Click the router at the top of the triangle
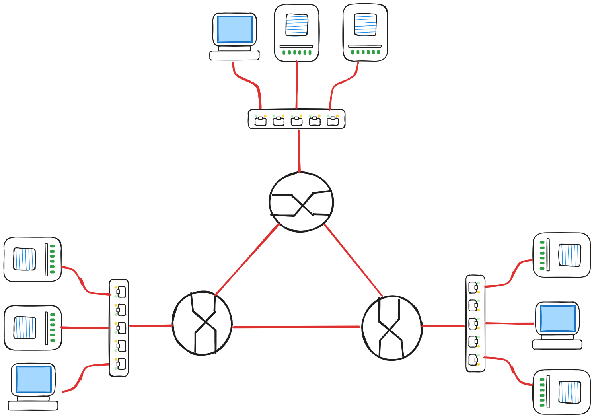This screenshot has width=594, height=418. tap(301, 202)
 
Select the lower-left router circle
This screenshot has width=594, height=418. tap(202, 323)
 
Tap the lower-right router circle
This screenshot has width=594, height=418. tap(392, 328)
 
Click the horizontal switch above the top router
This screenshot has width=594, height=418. tap(296, 119)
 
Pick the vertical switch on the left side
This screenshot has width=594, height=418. tap(119, 327)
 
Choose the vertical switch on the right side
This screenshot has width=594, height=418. tap(475, 323)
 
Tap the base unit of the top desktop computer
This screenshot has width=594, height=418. tap(234, 55)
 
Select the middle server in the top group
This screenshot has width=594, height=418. tap(297, 33)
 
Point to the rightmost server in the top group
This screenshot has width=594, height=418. tap(365, 33)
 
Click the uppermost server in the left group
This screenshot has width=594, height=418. tap(33, 259)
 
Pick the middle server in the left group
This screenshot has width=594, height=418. tap(33, 328)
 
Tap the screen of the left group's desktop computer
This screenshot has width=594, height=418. tap(34, 379)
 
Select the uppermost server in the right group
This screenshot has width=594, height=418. tap(561, 255)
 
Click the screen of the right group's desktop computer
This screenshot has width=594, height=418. tap(557, 319)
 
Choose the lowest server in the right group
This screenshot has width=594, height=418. tap(561, 392)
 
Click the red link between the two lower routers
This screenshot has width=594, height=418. tap(296, 327)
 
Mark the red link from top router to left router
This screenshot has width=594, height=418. tap(247, 260)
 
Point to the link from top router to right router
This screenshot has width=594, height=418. tap(353, 260)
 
